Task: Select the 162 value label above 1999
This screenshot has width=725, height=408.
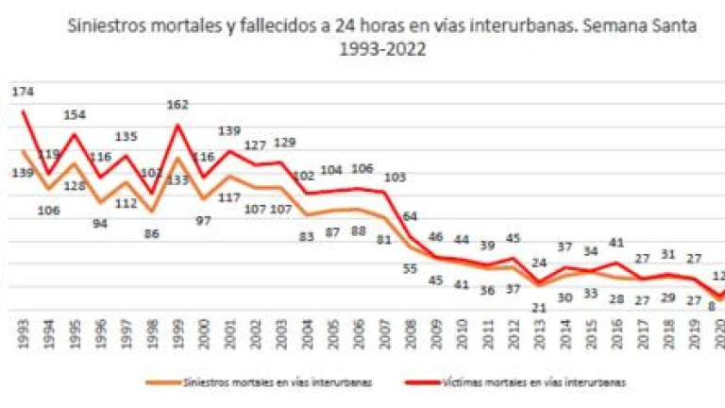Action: pyautogui.click(x=178, y=106)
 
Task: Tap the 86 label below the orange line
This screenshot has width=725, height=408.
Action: pyautogui.click(x=151, y=232)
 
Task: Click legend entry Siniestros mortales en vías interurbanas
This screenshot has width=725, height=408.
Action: pyautogui.click(x=261, y=382)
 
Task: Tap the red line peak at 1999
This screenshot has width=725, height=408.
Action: pyautogui.click(x=177, y=126)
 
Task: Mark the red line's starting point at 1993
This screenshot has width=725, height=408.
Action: pyautogui.click(x=25, y=112)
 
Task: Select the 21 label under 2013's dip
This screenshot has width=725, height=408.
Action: pyautogui.click(x=539, y=307)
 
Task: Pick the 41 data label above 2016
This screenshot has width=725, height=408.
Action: pyautogui.click(x=615, y=243)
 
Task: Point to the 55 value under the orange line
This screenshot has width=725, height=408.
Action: pyautogui.click(x=409, y=268)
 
